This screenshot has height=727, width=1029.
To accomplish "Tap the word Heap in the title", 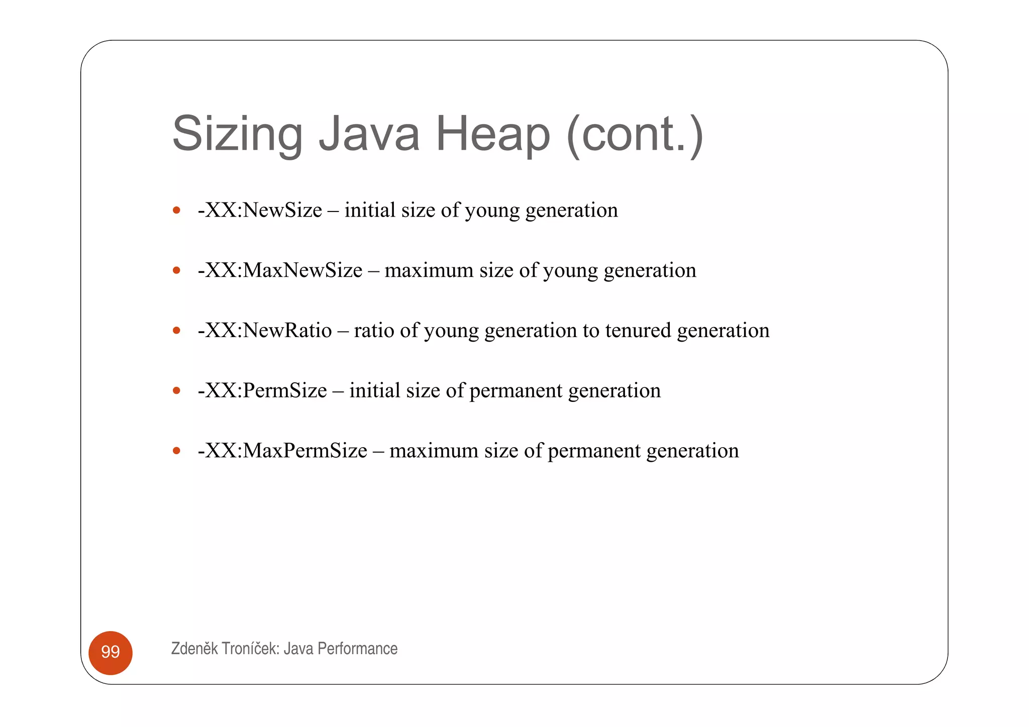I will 492,134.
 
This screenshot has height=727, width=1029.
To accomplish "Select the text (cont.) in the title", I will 635,134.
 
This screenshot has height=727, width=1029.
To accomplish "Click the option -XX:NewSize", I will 260,210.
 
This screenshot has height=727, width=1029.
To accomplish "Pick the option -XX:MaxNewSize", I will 280,270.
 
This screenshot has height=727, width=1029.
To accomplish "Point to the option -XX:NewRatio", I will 265,331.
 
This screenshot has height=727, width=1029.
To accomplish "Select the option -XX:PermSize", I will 262,390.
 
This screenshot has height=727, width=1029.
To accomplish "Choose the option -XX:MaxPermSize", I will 282,451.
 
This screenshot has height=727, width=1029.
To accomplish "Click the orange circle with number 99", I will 111,652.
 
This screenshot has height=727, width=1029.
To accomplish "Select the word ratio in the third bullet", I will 374,331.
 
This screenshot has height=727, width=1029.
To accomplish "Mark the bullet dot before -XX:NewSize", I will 176,210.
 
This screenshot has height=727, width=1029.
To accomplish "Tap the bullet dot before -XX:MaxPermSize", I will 176,451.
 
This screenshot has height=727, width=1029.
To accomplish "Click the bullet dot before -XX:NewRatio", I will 176,331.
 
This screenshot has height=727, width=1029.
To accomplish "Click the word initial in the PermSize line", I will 374,390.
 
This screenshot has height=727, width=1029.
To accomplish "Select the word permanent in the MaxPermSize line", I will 594,451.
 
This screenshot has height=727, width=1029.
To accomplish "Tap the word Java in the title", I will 369,134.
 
